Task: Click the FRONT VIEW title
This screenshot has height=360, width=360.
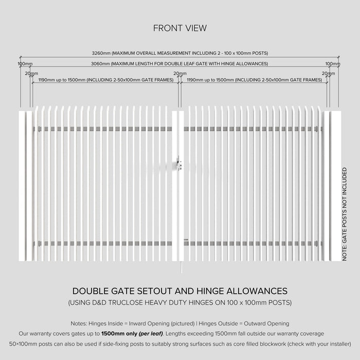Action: coord(179,28)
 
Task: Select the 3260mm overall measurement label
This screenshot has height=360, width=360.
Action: coord(179,53)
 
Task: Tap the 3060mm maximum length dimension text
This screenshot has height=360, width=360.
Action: coord(179,64)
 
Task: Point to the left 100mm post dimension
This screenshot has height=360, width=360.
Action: coord(25,64)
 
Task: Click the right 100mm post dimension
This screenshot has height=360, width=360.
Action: coord(333,64)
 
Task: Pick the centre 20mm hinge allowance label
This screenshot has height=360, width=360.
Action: coord(179,74)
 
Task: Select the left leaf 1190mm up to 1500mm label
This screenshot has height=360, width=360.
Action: coord(105,80)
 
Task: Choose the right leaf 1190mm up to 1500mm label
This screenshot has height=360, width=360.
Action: coord(254,80)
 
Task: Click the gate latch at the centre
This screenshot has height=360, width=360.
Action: coord(178,164)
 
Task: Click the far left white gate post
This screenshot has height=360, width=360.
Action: coord(23,185)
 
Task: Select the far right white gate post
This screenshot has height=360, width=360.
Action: coord(335,185)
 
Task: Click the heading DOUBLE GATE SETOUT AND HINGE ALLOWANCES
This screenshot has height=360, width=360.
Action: coord(179,291)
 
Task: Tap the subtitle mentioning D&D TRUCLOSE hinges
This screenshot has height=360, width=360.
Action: coord(179,303)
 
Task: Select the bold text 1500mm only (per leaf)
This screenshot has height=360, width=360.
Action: coord(132,334)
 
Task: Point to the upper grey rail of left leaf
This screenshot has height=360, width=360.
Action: coord(103,129)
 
